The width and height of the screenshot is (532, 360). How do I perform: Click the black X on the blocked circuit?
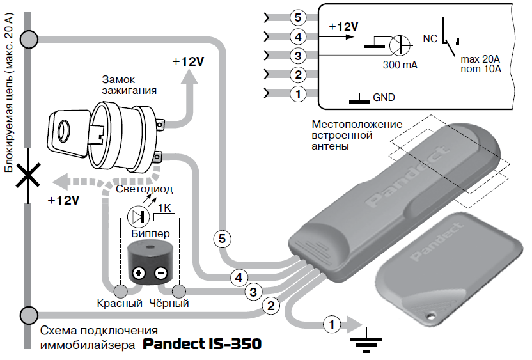28,175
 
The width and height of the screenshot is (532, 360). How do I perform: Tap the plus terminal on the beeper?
139,272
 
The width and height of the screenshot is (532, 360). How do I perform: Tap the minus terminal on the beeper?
161,272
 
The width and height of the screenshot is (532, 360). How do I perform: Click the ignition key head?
67,133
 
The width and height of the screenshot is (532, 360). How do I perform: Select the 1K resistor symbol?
164,217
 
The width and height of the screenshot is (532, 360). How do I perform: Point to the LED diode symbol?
138,217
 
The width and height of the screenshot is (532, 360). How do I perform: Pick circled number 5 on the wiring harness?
223,239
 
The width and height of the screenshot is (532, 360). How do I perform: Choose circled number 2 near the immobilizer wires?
270,306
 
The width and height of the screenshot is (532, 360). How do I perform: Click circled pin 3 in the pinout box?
298,56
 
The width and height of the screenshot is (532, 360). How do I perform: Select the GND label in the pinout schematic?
384,98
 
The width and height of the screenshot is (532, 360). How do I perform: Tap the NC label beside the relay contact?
430,38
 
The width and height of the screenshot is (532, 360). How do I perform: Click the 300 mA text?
400,65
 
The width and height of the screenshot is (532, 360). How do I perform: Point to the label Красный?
120,303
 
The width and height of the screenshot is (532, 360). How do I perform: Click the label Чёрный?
169,303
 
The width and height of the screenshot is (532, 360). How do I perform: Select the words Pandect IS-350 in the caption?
202,344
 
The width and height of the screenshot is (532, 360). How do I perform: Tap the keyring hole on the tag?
431,317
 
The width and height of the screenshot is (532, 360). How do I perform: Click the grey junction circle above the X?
29,40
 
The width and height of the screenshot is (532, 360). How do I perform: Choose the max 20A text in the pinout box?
480,59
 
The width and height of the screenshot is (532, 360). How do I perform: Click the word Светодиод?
145,189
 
